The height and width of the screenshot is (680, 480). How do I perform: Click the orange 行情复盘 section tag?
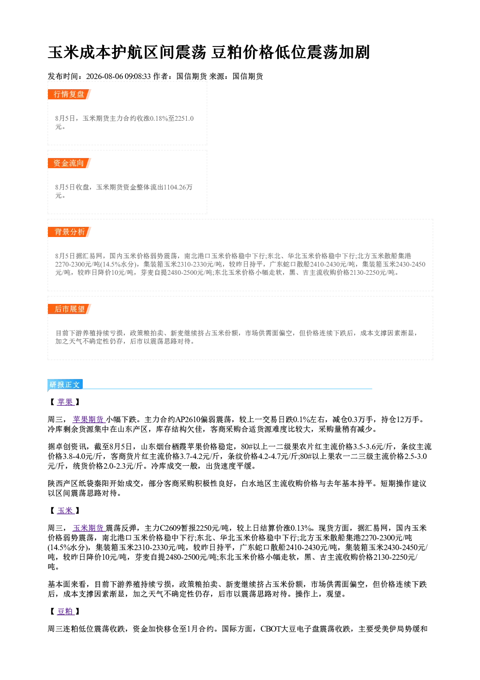[x=69, y=94]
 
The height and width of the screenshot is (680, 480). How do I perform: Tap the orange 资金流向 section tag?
[x=69, y=163]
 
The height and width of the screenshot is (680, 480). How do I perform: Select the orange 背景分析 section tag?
[x=69, y=232]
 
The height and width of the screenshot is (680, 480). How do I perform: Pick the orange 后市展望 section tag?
[x=69, y=309]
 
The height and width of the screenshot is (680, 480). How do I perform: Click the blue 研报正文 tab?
[x=65, y=384]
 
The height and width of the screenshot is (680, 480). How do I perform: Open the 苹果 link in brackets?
[x=65, y=402]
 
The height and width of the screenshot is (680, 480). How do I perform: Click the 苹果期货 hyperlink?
[x=89, y=420]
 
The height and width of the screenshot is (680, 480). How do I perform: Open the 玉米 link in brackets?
[x=65, y=511]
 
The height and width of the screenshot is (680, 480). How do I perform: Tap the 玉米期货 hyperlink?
[x=89, y=528]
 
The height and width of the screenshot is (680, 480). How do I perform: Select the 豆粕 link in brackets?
[x=65, y=611]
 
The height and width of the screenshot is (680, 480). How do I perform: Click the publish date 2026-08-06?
[x=105, y=76]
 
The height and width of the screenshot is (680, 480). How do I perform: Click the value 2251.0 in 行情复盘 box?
[x=184, y=118]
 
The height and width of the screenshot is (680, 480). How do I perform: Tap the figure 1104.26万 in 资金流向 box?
[x=178, y=187]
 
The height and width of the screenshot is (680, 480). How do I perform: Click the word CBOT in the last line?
[x=270, y=629]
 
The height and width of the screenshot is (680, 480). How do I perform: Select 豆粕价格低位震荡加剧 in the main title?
[x=290, y=52]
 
